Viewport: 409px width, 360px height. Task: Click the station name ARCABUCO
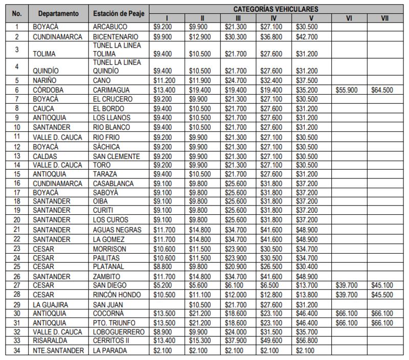[108, 26]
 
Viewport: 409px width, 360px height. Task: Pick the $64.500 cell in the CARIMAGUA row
[380, 89]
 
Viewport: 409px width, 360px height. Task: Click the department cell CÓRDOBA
[48, 89]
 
